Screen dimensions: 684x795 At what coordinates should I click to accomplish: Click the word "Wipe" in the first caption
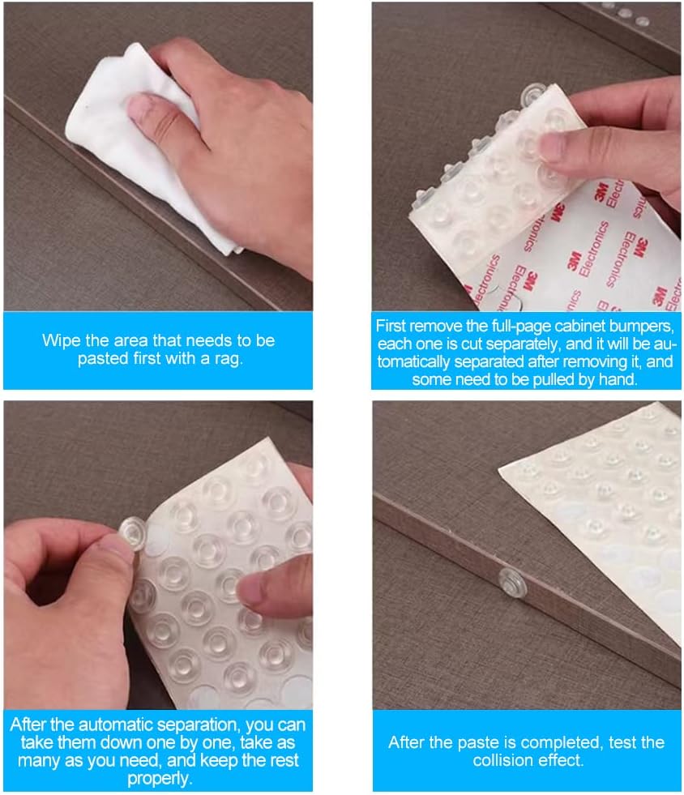point(60,340)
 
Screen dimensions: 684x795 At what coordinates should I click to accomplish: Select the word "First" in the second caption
point(393,326)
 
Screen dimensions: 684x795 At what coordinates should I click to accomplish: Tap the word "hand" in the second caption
point(618,380)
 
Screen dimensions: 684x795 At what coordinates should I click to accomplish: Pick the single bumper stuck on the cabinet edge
point(511,583)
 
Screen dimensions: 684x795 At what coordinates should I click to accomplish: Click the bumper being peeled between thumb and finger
point(133,533)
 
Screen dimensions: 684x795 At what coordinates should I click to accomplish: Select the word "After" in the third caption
point(28,724)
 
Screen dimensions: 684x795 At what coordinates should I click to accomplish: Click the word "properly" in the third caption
point(159,779)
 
